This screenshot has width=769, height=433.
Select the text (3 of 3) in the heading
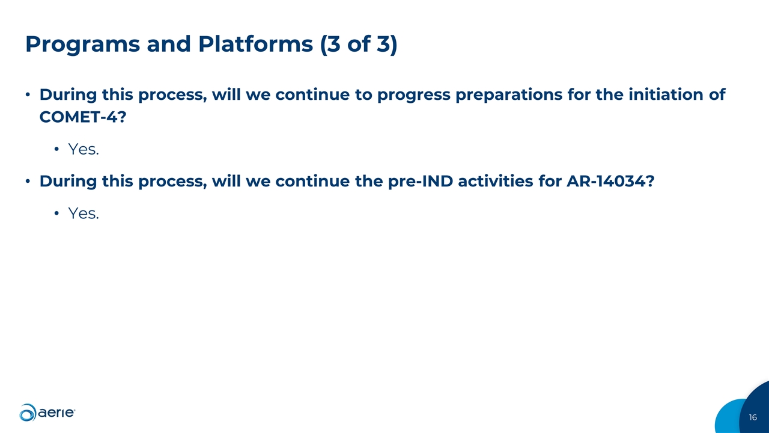coord(359,45)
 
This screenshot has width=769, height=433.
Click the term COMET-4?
coord(82,117)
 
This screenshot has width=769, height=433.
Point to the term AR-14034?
coord(610,181)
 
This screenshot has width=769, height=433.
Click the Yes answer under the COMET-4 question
coord(83,149)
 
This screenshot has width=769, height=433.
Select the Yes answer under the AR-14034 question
coord(83,213)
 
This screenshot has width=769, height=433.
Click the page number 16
coord(753,417)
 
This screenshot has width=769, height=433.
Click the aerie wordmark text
coord(56,413)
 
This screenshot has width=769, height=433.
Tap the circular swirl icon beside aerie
coord(28,413)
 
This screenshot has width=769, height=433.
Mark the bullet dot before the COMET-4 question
coord(28,96)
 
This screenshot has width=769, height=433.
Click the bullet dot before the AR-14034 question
coord(28,182)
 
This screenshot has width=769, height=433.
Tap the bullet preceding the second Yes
coord(56,213)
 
